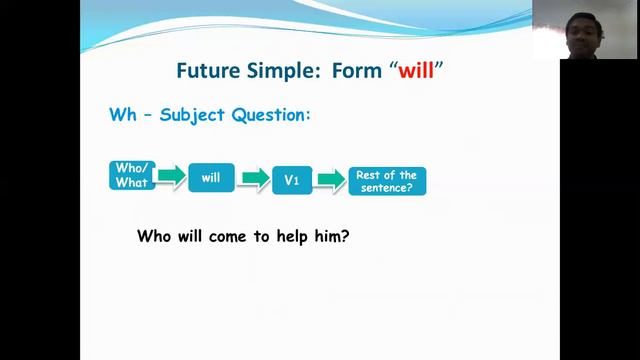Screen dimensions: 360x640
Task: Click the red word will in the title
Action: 418,72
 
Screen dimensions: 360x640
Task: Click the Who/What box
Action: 132,176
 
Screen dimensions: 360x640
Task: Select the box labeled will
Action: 211,177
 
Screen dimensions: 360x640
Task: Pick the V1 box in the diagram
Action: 292,180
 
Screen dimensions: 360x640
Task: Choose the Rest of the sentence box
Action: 385,180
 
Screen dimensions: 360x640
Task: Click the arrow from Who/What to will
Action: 171,177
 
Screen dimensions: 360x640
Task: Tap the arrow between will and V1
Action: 256,178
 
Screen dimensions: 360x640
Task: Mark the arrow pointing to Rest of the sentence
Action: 330,179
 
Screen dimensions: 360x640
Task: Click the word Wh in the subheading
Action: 121,115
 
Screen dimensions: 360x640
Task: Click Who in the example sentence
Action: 154,239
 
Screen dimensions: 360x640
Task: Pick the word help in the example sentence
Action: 294,239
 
